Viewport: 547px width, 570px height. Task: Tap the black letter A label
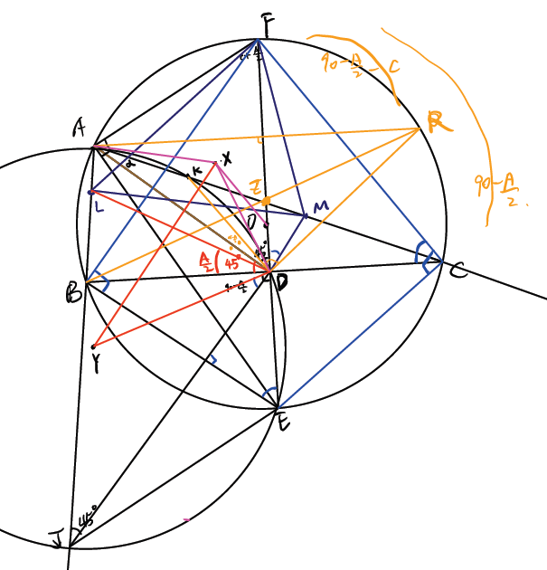[x=80, y=130]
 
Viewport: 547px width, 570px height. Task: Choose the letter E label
[x=283, y=421]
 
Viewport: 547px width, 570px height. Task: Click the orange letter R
[x=439, y=121]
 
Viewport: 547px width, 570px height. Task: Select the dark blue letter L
[x=98, y=207]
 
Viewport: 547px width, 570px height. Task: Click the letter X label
[x=226, y=157]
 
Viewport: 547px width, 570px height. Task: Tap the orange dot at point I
[x=267, y=198]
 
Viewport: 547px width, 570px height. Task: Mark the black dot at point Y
[x=94, y=346]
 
